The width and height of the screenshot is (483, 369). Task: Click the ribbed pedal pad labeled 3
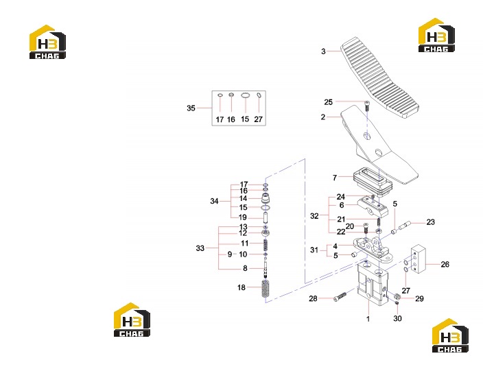click(x=379, y=78)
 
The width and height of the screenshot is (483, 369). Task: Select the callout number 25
click(x=329, y=102)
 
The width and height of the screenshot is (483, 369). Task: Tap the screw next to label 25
click(x=366, y=106)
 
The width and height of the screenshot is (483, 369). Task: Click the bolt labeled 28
click(x=340, y=297)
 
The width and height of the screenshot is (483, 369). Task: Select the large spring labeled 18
click(x=266, y=289)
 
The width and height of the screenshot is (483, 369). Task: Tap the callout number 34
click(x=214, y=201)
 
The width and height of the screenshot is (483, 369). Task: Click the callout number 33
click(x=200, y=248)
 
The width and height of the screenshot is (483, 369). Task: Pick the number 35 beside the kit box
click(x=191, y=108)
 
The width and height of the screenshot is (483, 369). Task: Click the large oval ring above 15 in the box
click(x=245, y=95)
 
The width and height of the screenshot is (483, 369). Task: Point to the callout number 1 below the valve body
click(x=368, y=318)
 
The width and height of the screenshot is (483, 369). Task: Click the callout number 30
click(x=397, y=318)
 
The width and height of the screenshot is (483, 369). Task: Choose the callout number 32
click(x=314, y=216)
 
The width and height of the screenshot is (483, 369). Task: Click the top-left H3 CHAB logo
click(x=47, y=42)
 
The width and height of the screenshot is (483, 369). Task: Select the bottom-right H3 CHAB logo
click(x=450, y=335)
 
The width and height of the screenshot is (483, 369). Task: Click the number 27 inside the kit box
click(x=258, y=119)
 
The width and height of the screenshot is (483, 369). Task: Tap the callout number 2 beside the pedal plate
click(x=323, y=117)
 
